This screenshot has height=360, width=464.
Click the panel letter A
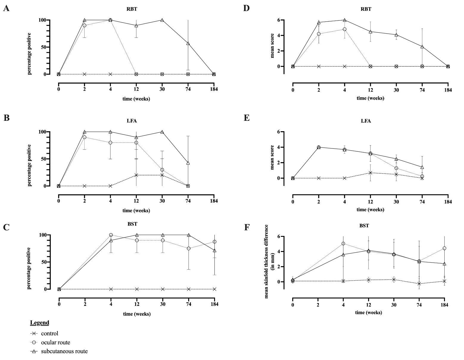[6, 8]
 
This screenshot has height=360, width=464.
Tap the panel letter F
[247, 228]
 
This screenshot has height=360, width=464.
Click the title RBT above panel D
[366, 9]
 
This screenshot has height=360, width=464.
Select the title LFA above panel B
[132, 121]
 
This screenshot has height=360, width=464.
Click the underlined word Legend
[40, 323]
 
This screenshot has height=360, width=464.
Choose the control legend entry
[49, 334]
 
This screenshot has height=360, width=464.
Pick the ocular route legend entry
[55, 342]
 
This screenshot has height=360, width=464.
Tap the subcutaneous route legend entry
[64, 351]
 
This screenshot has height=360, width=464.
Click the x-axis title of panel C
[136, 314]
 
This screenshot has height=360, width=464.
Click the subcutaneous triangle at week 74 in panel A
[188, 43]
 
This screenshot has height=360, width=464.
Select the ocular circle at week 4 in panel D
[345, 29]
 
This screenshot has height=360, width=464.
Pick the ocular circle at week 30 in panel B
[162, 170]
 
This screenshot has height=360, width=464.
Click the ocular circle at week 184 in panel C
[214, 242]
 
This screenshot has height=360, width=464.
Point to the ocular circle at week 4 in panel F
[343, 243]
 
